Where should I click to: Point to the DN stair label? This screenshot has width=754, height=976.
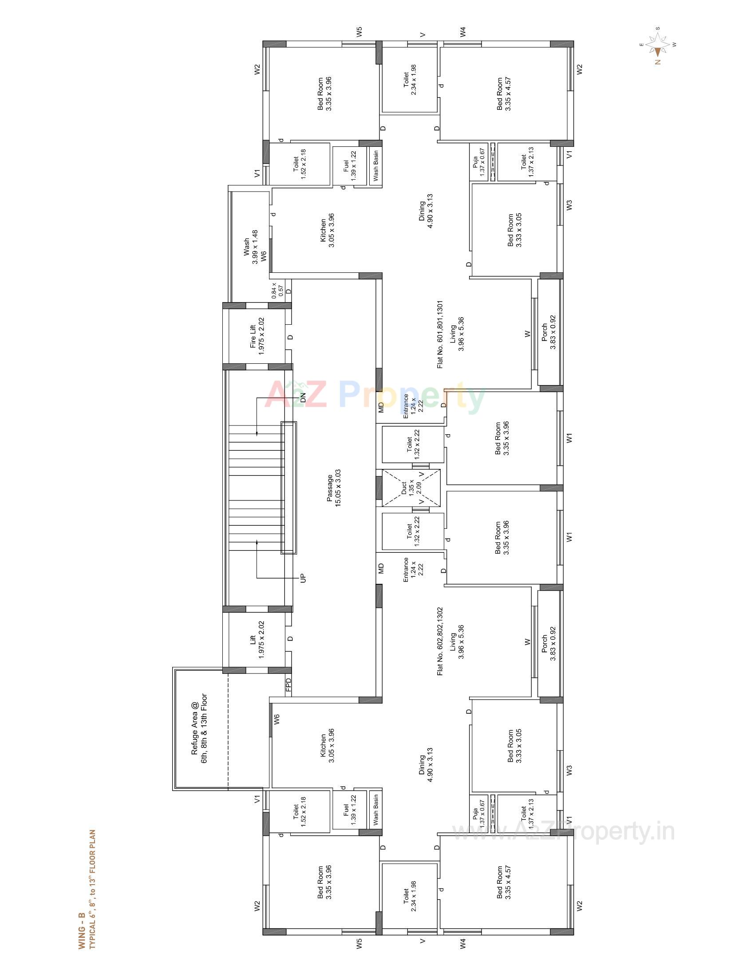click(x=304, y=398)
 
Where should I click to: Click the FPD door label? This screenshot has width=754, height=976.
click(x=288, y=686)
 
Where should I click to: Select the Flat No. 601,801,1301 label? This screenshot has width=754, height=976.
click(x=440, y=334)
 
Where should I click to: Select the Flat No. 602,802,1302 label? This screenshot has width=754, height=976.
click(x=440, y=641)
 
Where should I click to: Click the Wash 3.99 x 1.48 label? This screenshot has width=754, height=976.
click(x=250, y=247)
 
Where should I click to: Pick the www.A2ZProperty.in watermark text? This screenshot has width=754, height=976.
click(x=563, y=832)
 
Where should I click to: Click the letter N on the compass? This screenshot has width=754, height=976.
click(x=658, y=62)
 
